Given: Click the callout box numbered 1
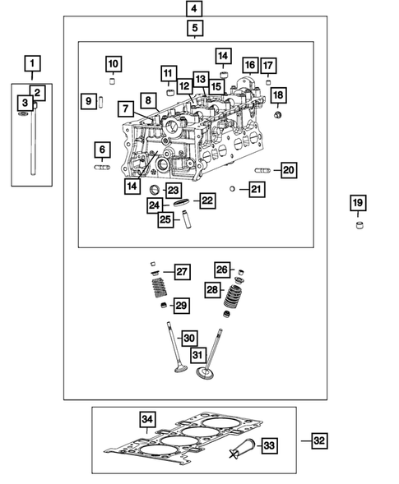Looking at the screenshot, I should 32,62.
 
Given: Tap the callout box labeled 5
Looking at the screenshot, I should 194,29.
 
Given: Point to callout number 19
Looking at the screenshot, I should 357,204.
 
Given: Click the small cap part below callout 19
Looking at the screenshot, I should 358,224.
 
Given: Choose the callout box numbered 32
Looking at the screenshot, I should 319,441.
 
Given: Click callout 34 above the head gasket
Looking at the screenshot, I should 147,421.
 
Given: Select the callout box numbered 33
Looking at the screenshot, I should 269,445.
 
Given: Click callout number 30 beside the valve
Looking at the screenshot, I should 189,338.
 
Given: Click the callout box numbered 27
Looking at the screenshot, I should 181,272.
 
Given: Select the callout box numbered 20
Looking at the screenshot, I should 287,170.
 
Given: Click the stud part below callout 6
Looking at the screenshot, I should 102,168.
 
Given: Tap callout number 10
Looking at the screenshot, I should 113,63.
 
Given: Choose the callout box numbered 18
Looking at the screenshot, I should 278,95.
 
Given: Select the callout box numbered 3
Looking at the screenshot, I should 26,103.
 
